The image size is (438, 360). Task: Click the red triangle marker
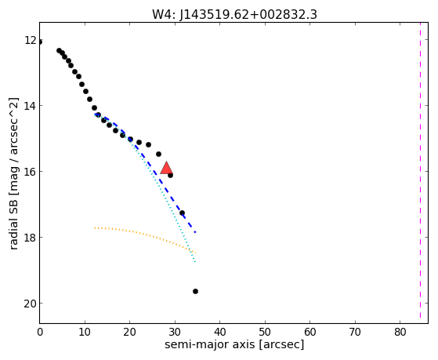[166, 168]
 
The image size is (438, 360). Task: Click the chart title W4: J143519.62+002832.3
[234, 15]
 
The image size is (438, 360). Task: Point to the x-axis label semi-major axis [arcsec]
[234, 344]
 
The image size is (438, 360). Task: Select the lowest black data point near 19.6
[195, 292]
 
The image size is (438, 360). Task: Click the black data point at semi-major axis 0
[40, 42]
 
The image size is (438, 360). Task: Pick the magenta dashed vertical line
[420, 170]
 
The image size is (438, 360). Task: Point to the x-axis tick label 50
[265, 332]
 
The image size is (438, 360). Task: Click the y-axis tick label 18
[31, 237]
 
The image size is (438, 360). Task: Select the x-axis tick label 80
[400, 332]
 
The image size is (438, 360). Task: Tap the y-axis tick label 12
[31, 40]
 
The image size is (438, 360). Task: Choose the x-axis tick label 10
[85, 332]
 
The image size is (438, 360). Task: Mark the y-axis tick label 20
[30, 304]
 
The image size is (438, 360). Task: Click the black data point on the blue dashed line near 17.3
[182, 213]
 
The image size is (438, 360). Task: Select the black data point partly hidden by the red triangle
[170, 175]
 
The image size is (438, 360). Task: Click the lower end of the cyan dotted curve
[195, 262]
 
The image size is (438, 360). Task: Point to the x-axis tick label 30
[175, 332]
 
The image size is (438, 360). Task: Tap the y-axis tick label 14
[31, 106]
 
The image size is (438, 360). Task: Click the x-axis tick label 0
[40, 332]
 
